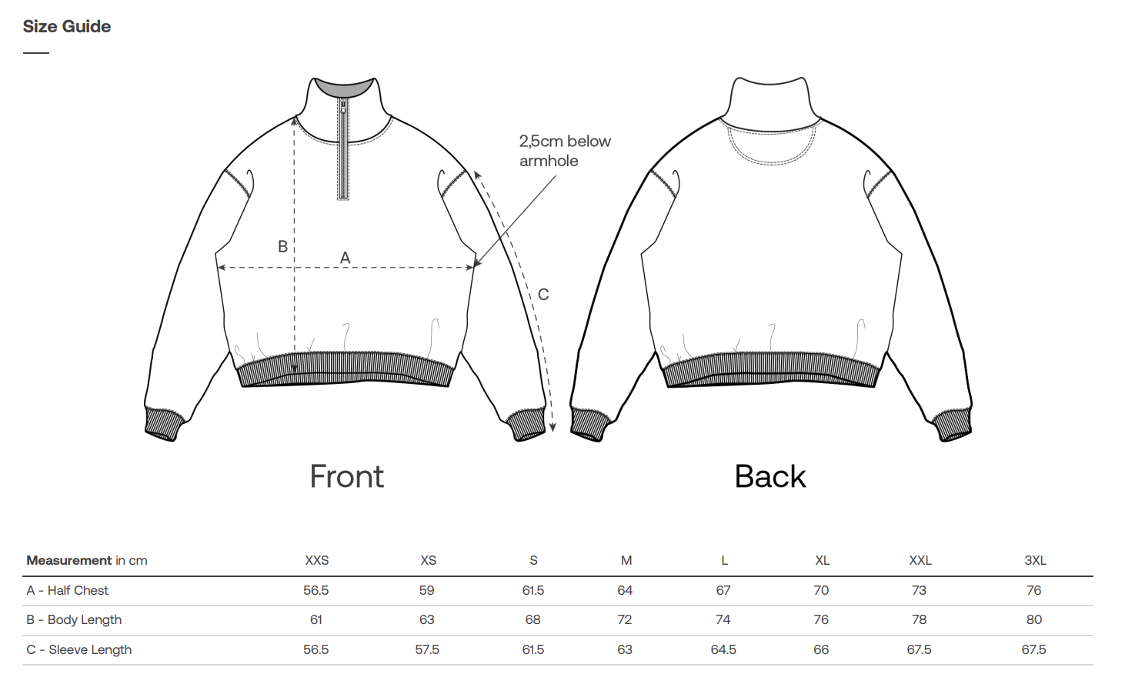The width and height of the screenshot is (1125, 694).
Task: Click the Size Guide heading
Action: (67, 27)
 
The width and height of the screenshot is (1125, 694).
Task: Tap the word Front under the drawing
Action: (346, 476)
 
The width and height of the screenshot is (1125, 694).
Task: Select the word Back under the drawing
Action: (770, 476)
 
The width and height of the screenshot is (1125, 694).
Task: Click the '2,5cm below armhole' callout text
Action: (564, 151)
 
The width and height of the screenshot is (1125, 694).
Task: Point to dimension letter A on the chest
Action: (345, 258)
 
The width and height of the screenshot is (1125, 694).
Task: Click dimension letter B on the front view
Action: (282, 246)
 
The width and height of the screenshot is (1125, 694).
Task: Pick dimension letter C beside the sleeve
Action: (543, 294)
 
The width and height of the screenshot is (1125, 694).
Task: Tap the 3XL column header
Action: (1035, 560)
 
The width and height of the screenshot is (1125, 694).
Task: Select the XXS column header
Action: (316, 560)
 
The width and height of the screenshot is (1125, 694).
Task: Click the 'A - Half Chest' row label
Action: (68, 590)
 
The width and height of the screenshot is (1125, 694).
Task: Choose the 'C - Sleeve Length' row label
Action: (79, 649)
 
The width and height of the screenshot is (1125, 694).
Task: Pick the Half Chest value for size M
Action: (625, 590)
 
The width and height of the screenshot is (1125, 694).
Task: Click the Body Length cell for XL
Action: (821, 619)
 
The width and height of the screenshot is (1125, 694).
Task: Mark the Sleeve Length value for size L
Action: (723, 649)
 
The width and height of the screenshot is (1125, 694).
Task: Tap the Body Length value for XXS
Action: (316, 619)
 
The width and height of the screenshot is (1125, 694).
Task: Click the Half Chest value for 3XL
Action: (1033, 590)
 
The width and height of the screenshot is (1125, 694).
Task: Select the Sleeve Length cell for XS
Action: (427, 649)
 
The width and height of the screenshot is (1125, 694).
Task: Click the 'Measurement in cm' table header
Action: (87, 560)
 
